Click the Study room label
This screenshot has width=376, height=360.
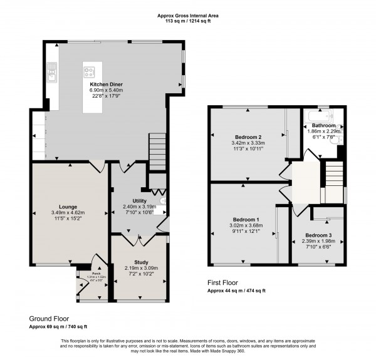click(140, 262)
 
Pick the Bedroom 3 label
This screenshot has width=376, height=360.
click(318, 235)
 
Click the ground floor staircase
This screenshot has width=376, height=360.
click(157, 152)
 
